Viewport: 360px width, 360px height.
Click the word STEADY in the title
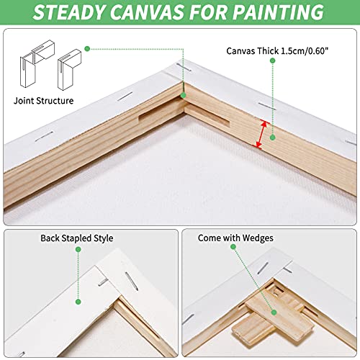pyautogui.click(x=81, y=12)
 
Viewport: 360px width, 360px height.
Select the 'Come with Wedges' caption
pyautogui.click(x=235, y=238)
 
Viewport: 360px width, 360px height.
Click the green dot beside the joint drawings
pyautogui.click(x=86, y=49)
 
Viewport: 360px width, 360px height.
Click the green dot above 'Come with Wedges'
pyautogui.click(x=234, y=247)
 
